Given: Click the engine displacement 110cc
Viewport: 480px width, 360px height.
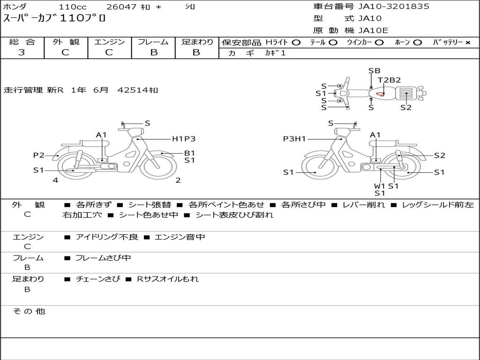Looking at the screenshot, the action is pos(72,7).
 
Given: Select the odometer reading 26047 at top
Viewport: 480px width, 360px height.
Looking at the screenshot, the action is pos(121,7).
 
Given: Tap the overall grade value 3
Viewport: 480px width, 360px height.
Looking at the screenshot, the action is pos(22,52).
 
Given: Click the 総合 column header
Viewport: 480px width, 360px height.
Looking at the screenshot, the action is pos(22,42).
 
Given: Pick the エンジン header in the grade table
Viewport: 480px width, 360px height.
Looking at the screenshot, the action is pos(109,42).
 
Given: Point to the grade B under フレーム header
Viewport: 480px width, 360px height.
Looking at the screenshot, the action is pos(154,52).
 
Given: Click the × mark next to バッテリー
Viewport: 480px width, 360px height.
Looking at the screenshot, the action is pos(467,43).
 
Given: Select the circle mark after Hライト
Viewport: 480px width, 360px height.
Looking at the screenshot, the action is pos(296,43).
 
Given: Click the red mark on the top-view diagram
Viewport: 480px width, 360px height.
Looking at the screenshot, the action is pos(380,94).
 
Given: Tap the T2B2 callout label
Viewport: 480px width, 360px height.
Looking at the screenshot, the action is pos(390,80).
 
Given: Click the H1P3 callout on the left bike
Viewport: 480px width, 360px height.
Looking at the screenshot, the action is pos(183,139).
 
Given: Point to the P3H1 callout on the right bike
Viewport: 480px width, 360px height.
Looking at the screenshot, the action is pos(294,139).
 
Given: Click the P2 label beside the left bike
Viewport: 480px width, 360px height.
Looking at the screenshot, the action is pos(38,155).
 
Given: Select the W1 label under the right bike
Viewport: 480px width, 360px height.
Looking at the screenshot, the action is pos(379,186).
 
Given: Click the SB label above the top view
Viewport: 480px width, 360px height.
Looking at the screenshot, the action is pos(374,71).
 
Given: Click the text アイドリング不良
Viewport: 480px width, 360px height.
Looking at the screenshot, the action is pos(107,237).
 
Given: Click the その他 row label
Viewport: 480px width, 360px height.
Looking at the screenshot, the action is pos(29,311).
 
